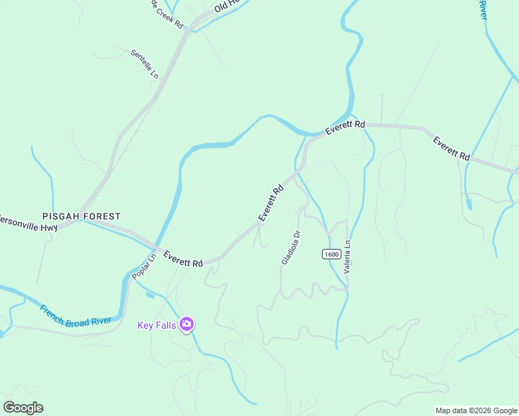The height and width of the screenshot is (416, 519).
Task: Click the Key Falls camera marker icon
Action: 186,324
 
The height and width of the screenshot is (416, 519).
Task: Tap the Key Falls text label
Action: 157,325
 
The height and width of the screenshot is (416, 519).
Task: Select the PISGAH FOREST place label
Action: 80,216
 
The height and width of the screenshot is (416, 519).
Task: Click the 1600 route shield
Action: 331,254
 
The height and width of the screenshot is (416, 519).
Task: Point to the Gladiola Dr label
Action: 291,248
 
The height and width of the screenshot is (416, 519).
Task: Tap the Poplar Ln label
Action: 141,267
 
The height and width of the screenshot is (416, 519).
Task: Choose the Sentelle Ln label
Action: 145,64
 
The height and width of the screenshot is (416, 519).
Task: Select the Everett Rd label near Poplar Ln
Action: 183,259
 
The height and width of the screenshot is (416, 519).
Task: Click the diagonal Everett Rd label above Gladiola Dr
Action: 271,203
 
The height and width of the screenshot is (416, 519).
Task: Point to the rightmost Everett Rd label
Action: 451,149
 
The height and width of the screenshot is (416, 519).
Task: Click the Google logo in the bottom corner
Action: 23,408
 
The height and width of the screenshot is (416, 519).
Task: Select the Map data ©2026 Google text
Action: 476,410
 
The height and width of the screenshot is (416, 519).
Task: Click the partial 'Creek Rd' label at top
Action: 167,15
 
